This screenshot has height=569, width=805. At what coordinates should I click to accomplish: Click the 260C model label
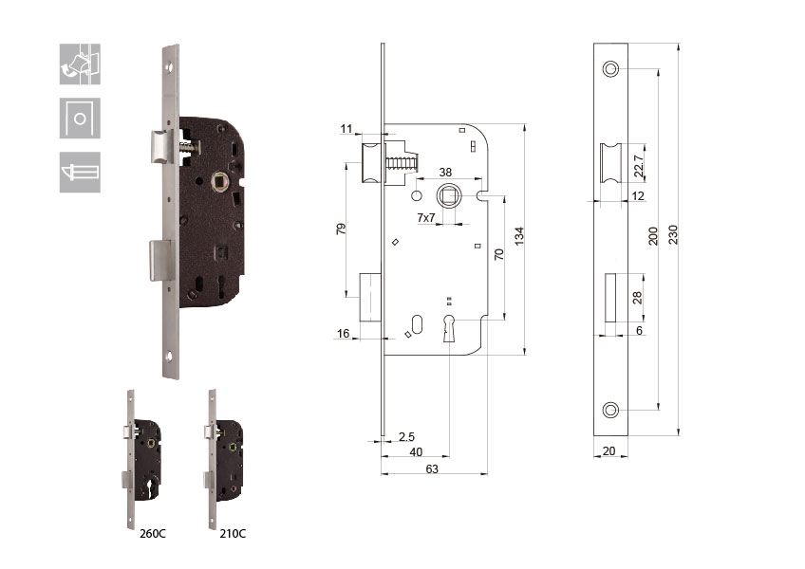click(153, 534)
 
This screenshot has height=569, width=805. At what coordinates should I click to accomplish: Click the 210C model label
click(233, 534)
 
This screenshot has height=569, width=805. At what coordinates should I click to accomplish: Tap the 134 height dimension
click(519, 236)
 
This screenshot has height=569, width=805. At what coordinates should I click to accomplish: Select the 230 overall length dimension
click(673, 234)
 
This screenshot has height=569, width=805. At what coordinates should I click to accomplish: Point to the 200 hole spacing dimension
click(653, 236)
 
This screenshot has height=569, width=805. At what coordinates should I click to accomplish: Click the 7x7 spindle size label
click(426, 217)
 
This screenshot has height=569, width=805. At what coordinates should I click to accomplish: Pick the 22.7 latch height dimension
click(639, 166)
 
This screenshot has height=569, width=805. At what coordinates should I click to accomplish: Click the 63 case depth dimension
click(432, 468)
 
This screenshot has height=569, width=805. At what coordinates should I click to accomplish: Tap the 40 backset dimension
click(416, 452)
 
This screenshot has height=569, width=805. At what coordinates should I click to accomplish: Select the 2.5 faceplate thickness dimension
click(406, 436)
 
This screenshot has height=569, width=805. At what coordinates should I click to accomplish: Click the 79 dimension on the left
click(341, 229)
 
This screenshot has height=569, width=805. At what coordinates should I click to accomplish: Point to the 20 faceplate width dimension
click(608, 451)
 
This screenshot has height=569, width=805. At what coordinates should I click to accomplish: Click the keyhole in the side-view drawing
click(449, 328)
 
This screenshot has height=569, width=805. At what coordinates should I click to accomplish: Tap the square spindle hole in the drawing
click(449, 196)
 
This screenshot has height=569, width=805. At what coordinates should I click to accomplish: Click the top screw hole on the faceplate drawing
click(610, 68)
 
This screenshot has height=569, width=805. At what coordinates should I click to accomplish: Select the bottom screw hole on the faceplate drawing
click(610, 410)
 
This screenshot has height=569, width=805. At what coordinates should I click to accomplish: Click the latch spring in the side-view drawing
click(401, 164)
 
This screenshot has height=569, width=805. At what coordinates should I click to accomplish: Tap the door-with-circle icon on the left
click(80, 118)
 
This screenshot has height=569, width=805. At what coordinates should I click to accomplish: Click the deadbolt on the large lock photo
click(160, 261)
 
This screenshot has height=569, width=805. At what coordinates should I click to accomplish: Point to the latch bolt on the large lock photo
click(161, 146)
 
